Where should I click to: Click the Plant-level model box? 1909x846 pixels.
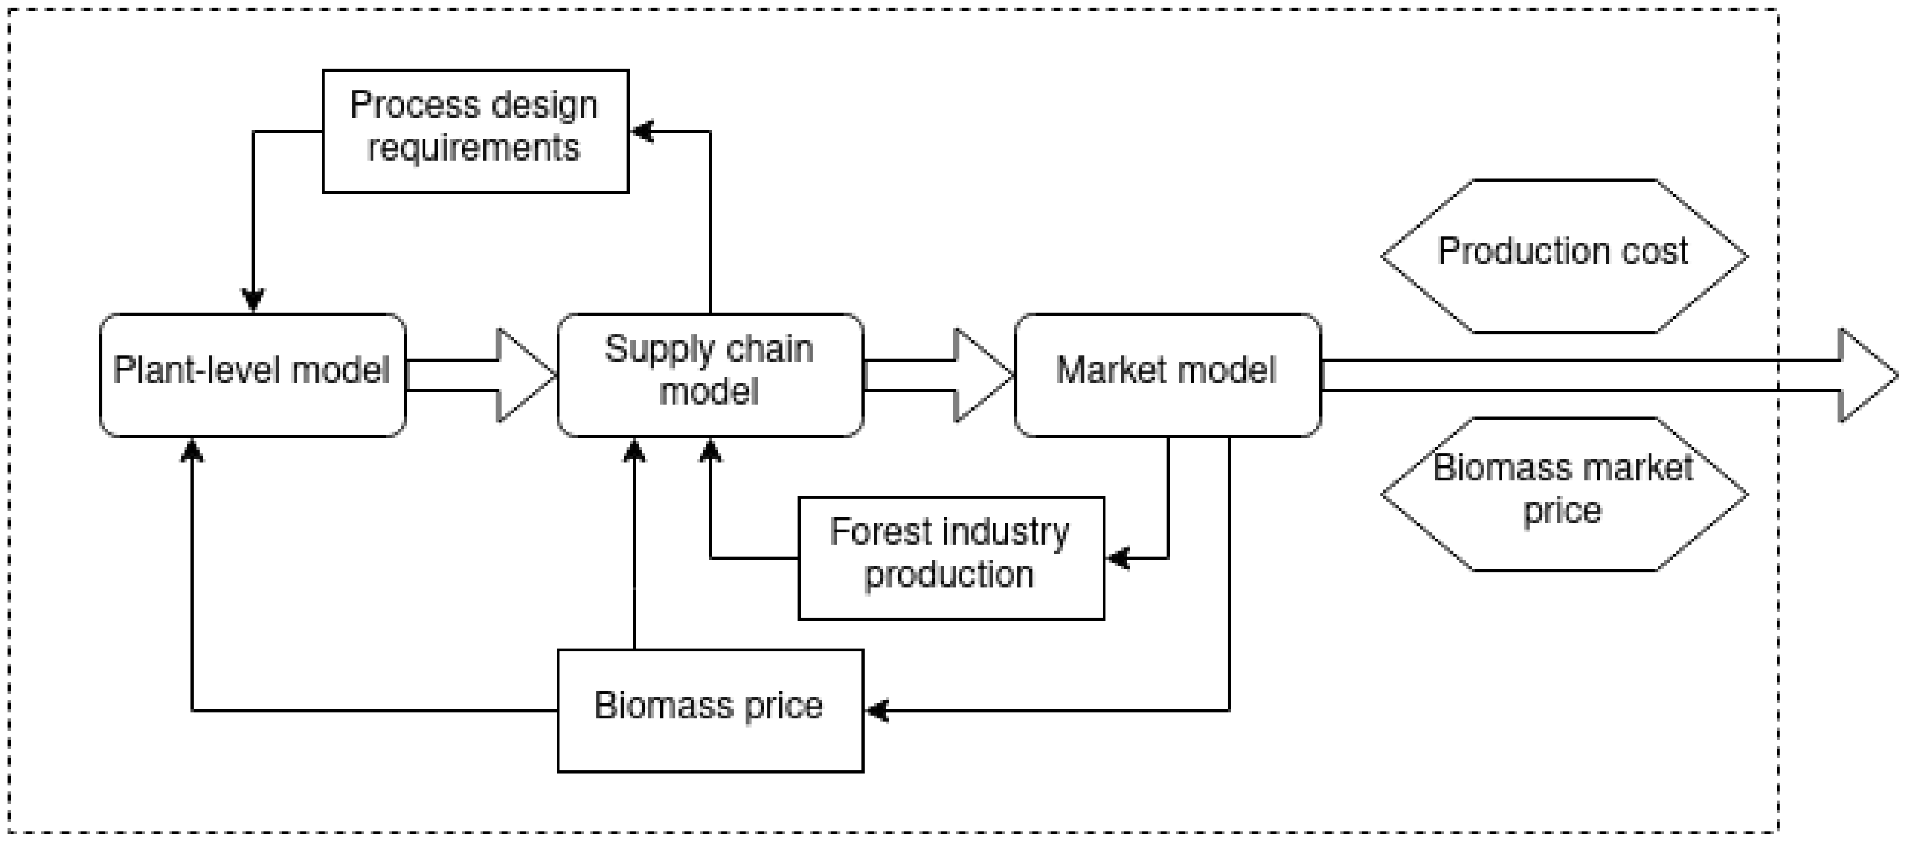(x=253, y=375)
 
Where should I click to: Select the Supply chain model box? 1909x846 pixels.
(x=710, y=375)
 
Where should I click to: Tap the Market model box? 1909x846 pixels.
(x=1167, y=375)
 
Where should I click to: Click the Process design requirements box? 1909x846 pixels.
(x=475, y=131)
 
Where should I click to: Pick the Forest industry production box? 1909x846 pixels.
(x=951, y=558)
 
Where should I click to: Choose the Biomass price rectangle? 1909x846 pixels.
(x=710, y=710)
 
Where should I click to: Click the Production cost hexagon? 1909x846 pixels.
(x=1564, y=255)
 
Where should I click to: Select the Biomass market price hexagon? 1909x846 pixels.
(x=1564, y=494)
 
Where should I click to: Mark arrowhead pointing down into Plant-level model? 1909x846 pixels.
(x=253, y=301)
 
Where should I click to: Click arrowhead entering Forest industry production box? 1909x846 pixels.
(x=1117, y=558)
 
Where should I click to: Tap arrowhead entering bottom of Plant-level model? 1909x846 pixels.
(x=192, y=449)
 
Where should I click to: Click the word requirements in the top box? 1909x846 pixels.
(x=473, y=148)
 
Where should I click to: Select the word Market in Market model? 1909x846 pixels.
(x=1103, y=369)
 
